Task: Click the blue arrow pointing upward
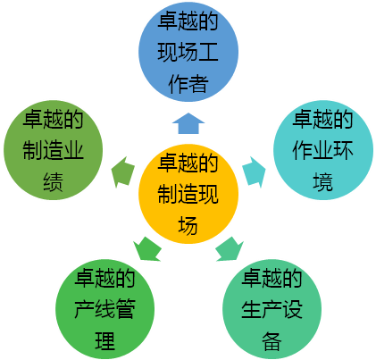(188, 123)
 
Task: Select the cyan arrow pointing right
(254, 172)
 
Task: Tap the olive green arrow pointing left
(122, 172)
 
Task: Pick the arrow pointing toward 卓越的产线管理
(147, 249)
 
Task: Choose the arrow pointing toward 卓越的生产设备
(230, 249)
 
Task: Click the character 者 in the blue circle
(198, 84)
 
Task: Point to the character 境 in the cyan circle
(323, 181)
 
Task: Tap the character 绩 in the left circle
(53, 181)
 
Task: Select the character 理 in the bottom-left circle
(104, 340)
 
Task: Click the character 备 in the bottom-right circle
(272, 340)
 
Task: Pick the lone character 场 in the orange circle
(188, 225)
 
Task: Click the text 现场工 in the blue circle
(188, 53)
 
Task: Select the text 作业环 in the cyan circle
(323, 150)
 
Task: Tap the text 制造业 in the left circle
(53, 150)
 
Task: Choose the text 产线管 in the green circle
(104, 309)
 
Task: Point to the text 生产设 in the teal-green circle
(272, 309)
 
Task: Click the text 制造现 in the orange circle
(188, 194)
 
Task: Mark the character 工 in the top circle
(208, 53)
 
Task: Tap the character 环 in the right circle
(344, 150)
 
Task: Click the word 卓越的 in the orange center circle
(188, 163)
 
